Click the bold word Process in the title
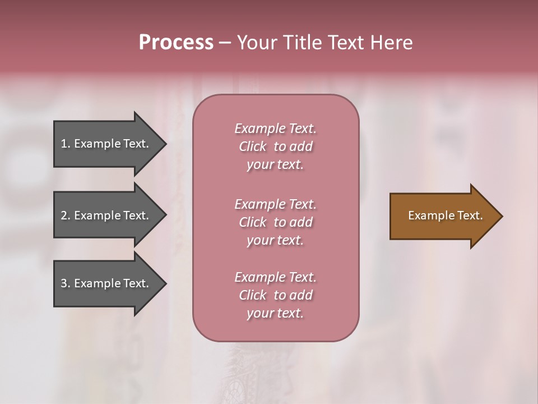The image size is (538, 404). (x=176, y=43)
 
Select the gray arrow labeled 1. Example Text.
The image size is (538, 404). (x=106, y=144)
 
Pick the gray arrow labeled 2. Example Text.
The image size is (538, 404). (x=106, y=215)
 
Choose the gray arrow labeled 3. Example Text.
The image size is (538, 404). (x=106, y=283)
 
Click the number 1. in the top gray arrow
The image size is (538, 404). (x=66, y=144)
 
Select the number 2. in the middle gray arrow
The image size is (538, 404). (x=66, y=215)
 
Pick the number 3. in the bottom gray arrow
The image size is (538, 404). (x=66, y=283)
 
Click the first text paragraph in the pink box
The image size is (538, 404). (x=275, y=146)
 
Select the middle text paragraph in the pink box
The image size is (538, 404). (x=275, y=222)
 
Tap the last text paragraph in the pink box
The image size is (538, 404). (x=275, y=295)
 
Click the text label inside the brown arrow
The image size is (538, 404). (x=445, y=215)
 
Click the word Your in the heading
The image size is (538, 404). (x=255, y=43)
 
